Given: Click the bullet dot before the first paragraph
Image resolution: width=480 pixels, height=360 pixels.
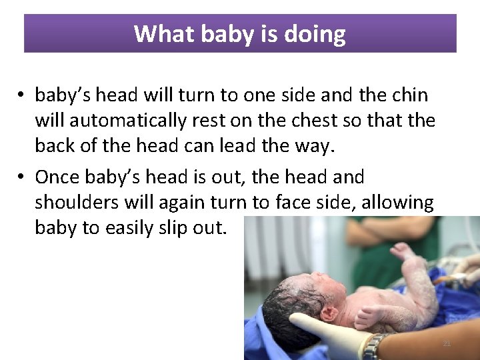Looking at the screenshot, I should pos(22,96).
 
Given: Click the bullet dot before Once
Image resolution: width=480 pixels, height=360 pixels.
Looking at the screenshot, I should pos(22,177).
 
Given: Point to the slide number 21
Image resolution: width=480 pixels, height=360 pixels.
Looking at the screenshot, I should pos(447,343).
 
